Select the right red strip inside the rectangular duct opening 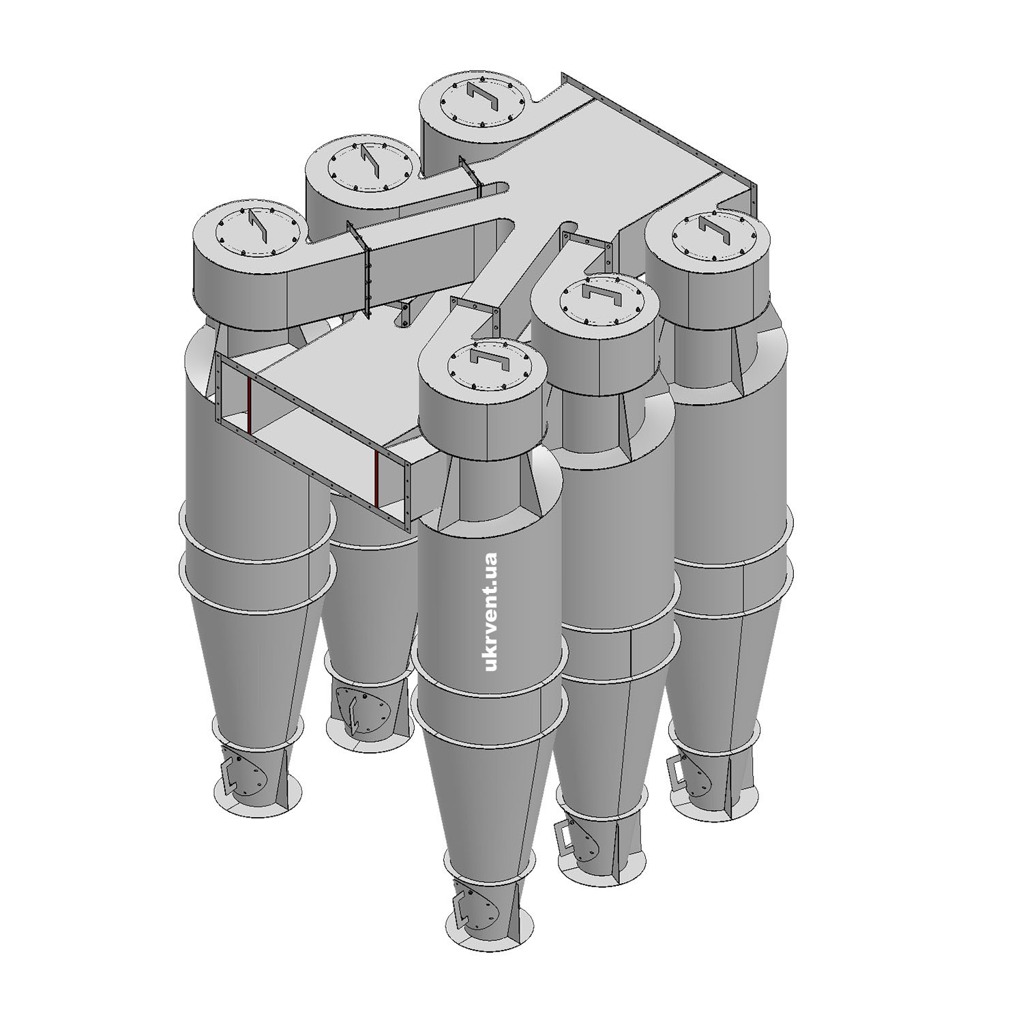coord(376,479)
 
